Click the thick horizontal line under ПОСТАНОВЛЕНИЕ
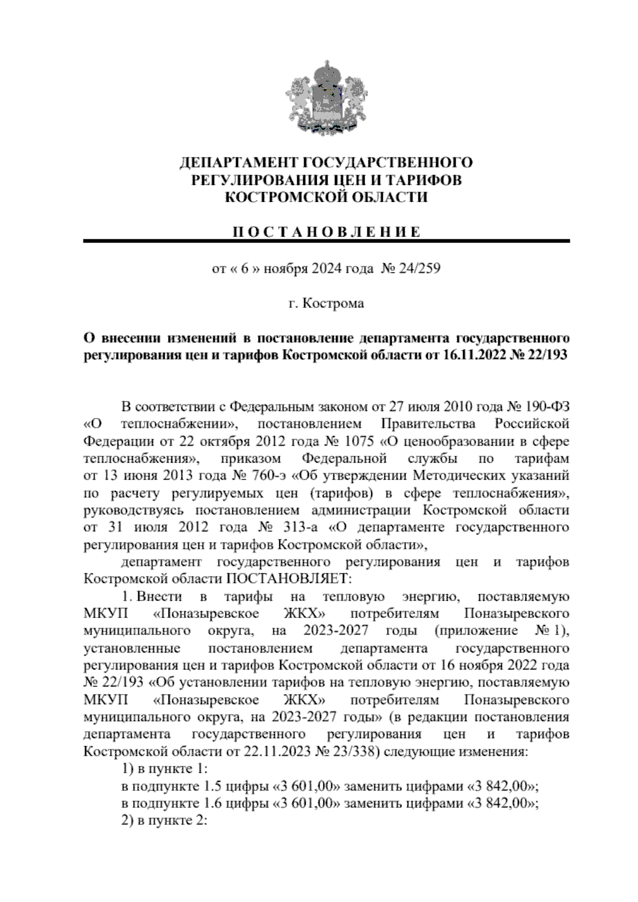(326, 242)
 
